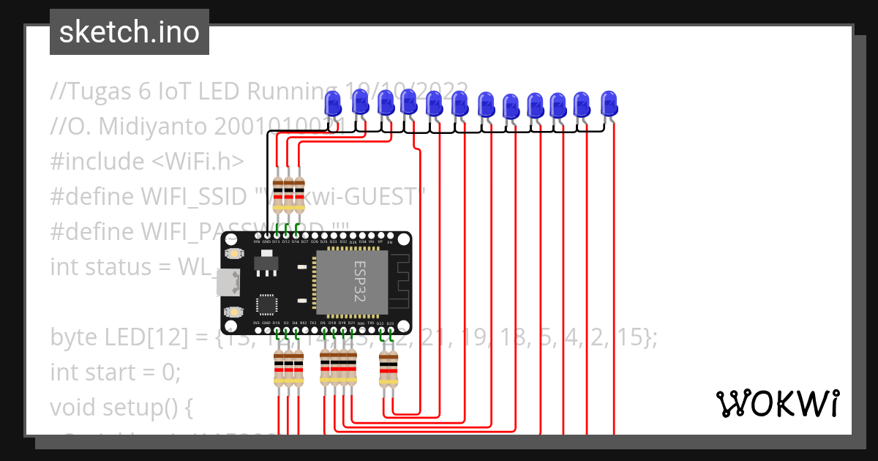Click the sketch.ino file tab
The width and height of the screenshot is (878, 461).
(129, 32)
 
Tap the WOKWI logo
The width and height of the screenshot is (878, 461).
(776, 403)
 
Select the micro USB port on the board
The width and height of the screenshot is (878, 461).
(228, 282)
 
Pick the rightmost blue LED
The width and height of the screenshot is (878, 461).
(609, 104)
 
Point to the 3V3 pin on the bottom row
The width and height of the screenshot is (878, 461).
(257, 329)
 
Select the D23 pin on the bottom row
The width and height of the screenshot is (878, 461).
(390, 329)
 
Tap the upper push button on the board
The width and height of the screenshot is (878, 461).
(234, 253)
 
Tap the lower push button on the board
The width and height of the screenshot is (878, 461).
(234, 312)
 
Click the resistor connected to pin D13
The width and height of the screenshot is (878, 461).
(278, 195)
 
